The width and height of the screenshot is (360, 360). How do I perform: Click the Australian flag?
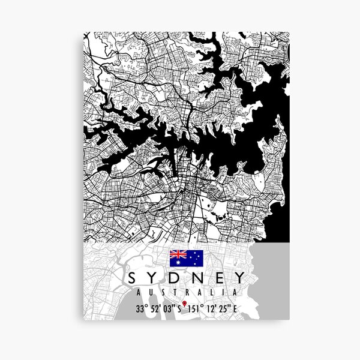coord(186,259)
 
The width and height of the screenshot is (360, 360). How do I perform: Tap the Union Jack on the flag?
coord(178,255)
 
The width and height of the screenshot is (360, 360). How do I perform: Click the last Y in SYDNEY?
coord(238,278)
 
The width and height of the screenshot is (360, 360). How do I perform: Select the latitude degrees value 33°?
coord(140,310)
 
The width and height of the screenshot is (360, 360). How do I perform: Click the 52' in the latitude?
coord(155,310)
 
